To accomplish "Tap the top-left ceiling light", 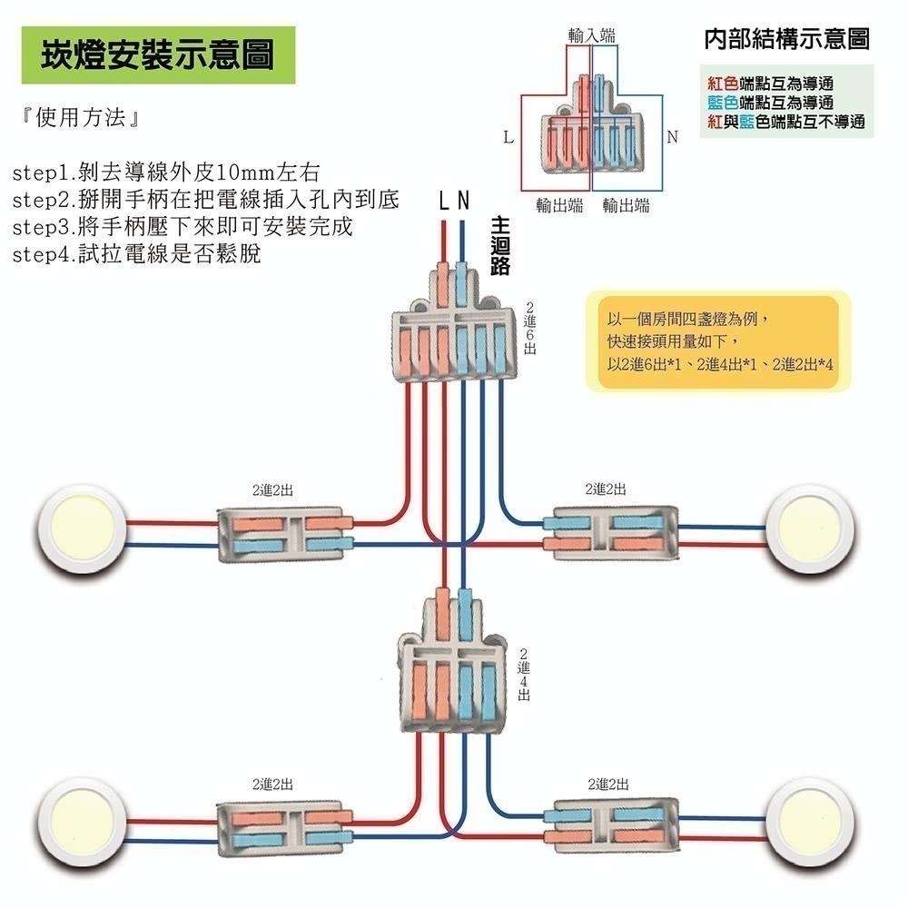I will click(83, 534).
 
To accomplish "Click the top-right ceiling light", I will click(811, 534).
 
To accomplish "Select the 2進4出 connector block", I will click(452, 676).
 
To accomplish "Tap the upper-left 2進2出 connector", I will click(283, 533).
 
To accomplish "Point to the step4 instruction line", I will click(136, 254).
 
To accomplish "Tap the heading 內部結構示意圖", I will click(786, 39).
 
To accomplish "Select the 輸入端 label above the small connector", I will click(591, 35).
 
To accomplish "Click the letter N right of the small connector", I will click(672, 138).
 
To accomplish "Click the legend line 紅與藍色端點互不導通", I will click(786, 122).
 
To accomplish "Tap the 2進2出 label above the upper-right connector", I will click(606, 489).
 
